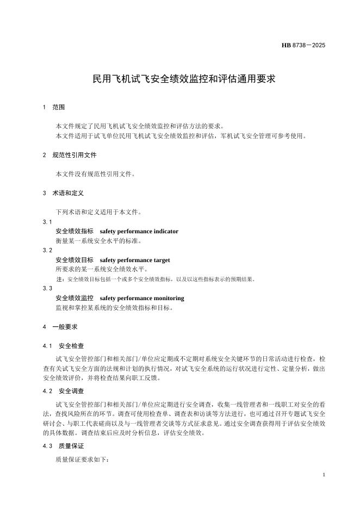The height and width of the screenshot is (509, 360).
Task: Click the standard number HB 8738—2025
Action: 303,46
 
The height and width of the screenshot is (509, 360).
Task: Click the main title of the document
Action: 184,79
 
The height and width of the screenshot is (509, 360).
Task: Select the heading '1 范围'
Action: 54,108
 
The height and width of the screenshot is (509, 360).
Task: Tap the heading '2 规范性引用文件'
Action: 70,155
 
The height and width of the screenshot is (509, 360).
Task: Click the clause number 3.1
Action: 47,222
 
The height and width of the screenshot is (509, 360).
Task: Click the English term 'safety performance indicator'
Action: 139,231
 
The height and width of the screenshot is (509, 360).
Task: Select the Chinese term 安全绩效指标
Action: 75,231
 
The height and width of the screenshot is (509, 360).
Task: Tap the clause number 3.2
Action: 47,250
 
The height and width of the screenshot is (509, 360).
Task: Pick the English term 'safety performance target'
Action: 135,260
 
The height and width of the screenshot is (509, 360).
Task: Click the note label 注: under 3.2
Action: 60,279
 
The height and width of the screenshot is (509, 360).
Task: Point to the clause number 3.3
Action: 47,288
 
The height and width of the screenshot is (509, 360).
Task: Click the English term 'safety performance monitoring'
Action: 142,298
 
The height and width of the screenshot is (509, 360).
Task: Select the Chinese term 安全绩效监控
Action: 75,298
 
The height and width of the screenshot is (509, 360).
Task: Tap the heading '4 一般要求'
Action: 60,327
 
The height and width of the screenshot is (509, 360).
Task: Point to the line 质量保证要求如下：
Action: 82,460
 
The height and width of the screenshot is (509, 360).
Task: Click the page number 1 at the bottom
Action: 324,475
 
